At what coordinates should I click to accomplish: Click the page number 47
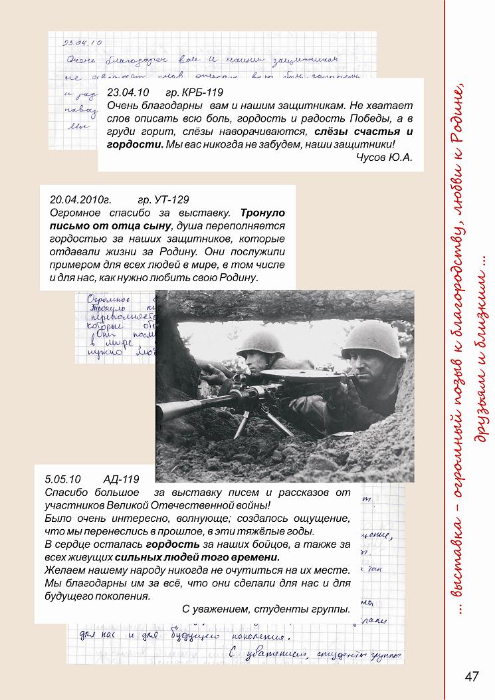(472, 676)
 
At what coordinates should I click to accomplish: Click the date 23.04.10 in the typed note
(128, 92)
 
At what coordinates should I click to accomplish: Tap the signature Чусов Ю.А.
(385, 157)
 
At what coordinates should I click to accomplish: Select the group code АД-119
(122, 479)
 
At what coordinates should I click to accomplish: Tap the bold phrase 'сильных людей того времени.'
(197, 557)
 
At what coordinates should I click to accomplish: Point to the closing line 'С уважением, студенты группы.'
(265, 609)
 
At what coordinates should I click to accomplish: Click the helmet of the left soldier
(260, 343)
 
